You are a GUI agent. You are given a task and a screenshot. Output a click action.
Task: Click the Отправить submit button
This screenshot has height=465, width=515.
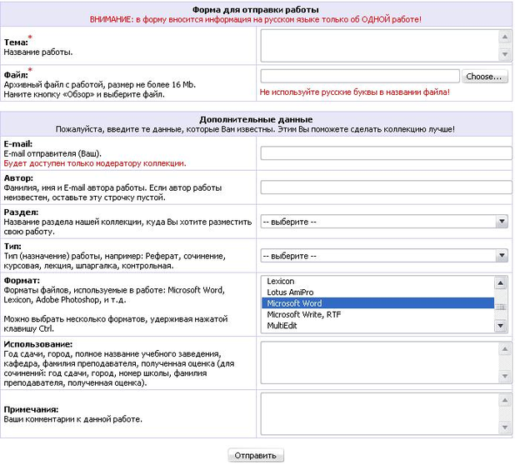click(x=257, y=456)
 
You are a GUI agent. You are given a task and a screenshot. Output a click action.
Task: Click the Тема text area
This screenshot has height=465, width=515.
click(x=379, y=47)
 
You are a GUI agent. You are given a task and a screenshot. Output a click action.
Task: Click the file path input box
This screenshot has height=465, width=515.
click(x=360, y=77)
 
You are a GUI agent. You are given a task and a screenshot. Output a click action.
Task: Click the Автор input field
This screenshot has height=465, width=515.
click(x=386, y=187)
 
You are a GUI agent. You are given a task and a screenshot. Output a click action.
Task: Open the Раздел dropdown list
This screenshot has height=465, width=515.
click(x=385, y=222)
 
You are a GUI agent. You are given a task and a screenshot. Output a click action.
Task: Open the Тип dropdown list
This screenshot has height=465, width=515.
click(x=385, y=256)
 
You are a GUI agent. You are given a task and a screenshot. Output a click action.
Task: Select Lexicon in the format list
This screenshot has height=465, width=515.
click(x=281, y=282)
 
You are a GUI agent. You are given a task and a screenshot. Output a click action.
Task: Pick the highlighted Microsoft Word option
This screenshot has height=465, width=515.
click(x=294, y=303)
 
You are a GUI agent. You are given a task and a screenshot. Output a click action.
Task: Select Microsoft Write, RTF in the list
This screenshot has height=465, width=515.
click(x=303, y=314)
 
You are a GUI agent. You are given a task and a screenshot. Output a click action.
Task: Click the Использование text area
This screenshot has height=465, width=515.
click(x=379, y=361)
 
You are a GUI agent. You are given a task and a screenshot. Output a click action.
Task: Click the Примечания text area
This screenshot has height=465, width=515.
click(x=379, y=414)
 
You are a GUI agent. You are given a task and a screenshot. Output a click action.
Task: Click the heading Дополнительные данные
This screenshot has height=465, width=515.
click(x=256, y=120)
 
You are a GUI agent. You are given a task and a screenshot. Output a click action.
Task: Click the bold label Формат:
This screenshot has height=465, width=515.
click(x=22, y=281)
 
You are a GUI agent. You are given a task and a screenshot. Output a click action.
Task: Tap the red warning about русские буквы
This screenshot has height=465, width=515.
click(x=354, y=92)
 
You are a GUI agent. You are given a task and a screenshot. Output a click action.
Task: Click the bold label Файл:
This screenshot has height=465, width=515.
click(x=16, y=75)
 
